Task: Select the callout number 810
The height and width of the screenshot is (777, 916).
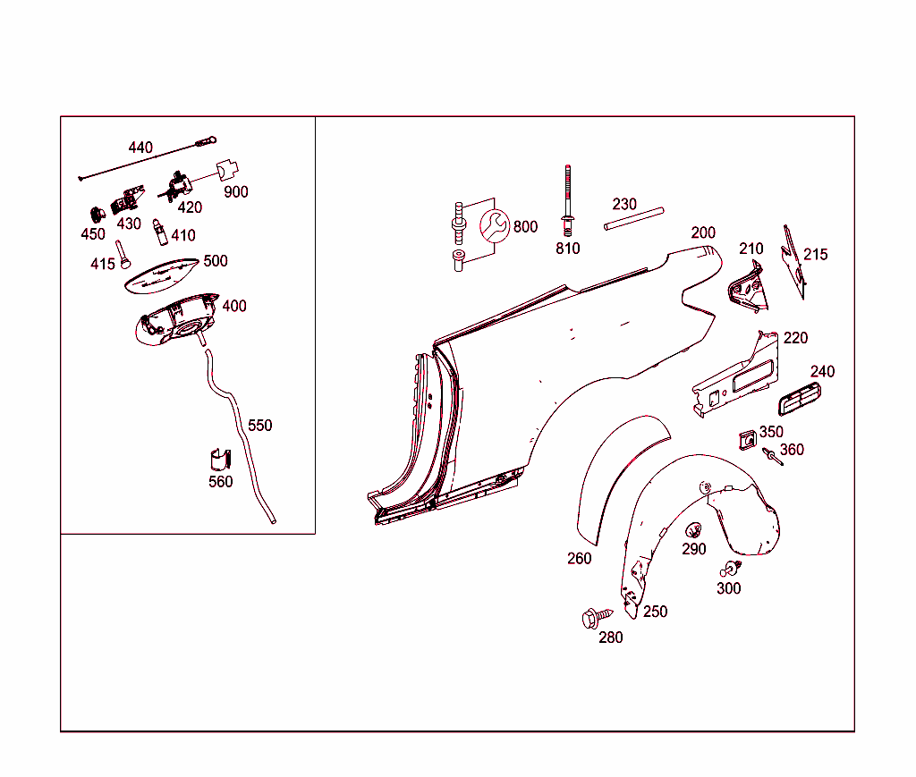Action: [x=568, y=249]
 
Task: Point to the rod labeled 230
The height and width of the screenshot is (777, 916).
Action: [x=633, y=219]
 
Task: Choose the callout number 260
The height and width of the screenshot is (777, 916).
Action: [x=579, y=559]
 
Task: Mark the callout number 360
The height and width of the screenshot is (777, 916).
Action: [x=792, y=450]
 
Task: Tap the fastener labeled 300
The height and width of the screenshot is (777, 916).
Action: [x=731, y=568]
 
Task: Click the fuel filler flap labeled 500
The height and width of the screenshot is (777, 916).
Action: [x=161, y=274]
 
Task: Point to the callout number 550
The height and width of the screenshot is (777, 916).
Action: [x=259, y=426]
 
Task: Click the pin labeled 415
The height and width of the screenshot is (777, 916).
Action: [x=123, y=254]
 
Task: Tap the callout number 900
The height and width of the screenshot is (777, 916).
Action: [x=236, y=192]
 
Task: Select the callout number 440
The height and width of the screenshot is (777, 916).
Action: [x=140, y=148]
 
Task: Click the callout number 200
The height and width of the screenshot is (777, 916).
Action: [x=703, y=232]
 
